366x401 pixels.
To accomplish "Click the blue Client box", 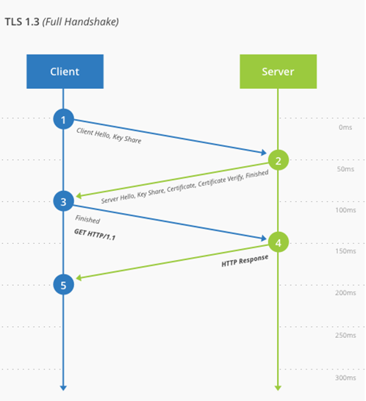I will pyautogui.click(x=65, y=71).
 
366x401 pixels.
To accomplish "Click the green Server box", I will pyautogui.click(x=277, y=71).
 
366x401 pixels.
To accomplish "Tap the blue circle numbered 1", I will pyautogui.click(x=64, y=118).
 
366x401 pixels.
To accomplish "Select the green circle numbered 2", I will pyautogui.click(x=278, y=160).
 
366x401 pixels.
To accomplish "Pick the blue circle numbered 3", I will pyautogui.click(x=64, y=201).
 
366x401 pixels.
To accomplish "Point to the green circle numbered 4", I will pyautogui.click(x=278, y=242).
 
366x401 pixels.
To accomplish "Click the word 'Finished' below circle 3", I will pyautogui.click(x=87, y=220).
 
